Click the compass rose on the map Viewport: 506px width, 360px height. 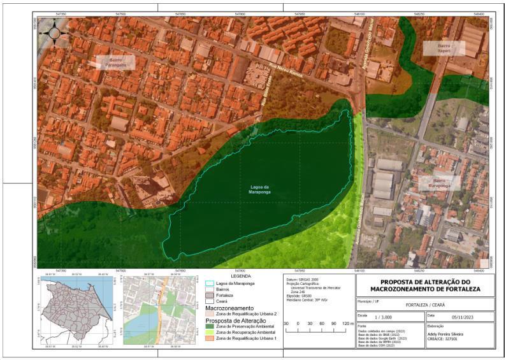[54, 31]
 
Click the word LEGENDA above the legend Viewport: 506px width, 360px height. [240, 277]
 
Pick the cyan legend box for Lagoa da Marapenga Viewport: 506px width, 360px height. [210, 284]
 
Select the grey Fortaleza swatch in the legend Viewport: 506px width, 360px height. [210, 296]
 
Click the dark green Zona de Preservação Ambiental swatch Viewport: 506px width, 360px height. [210, 326]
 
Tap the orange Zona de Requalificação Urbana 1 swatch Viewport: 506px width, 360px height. [210, 338]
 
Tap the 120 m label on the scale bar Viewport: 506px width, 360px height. [347, 324]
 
